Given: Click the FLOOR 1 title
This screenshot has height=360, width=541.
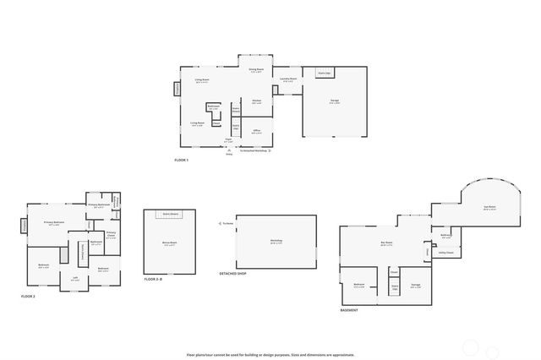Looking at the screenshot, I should tap(182, 160).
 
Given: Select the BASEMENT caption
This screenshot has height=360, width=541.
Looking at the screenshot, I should tap(349, 310).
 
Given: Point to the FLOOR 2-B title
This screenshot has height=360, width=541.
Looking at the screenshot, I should tap(152, 278).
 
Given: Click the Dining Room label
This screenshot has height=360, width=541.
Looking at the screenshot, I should tap(257, 70).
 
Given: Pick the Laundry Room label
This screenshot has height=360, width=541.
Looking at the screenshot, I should tap(287, 79).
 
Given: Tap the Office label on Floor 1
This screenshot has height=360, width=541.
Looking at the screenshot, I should tap(257, 132).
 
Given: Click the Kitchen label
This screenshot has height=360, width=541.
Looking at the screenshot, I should tap(256, 101).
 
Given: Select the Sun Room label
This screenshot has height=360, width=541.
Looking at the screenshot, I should tap(489, 207).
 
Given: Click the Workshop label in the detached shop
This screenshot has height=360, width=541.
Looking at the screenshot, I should tap(276, 241).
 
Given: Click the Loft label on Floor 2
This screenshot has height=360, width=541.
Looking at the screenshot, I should tap(75, 278).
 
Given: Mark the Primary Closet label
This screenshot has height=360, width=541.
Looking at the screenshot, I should tap(111, 236).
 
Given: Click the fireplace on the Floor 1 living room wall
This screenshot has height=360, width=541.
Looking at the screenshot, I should tap(178, 88).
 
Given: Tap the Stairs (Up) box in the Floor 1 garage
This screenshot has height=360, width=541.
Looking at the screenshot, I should tap(323, 73).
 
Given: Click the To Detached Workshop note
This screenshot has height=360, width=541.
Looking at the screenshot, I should tap(254, 151).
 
